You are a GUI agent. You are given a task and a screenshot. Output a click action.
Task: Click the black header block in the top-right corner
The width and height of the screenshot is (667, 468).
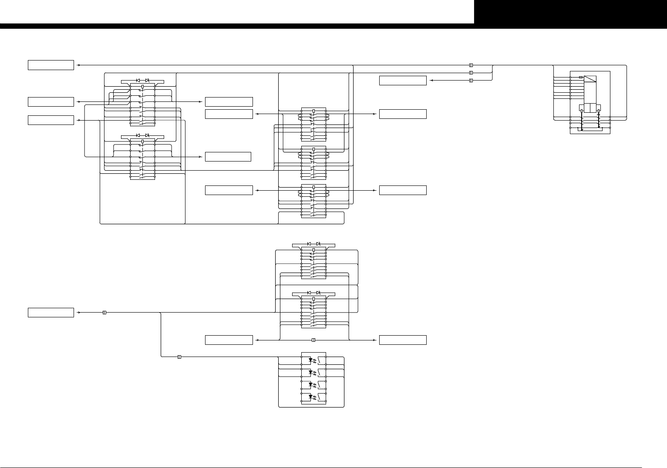coord(570,12)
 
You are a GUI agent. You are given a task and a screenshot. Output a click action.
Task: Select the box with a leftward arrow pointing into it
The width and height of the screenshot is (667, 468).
coord(403,81)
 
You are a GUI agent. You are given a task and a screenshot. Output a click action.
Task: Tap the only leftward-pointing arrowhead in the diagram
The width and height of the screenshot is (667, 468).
coord(431,81)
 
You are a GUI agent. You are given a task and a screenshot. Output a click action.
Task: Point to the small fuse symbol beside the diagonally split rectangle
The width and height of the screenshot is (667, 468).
coord(581,77)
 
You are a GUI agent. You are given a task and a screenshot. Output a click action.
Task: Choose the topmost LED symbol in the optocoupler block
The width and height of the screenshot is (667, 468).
coord(310,360)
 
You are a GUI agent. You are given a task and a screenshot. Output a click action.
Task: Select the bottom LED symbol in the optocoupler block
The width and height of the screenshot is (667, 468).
coord(310,397)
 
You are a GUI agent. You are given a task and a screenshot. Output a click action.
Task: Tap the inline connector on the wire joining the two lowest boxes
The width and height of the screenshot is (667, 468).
coord(313,340)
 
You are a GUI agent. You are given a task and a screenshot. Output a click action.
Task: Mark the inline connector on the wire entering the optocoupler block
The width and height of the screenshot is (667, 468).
coord(179,357)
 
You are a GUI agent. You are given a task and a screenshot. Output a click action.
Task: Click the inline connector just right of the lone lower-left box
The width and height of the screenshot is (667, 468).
coord(104,312)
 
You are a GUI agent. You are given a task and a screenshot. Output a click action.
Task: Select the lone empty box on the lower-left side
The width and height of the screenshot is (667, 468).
coord(51,313)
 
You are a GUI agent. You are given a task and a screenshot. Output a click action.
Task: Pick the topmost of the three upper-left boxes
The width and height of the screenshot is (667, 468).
coord(51,65)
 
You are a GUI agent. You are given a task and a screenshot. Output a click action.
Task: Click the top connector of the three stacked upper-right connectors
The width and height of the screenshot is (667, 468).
coord(471,65)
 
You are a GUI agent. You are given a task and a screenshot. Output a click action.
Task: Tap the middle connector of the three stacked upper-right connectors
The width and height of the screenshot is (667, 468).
coord(471,73)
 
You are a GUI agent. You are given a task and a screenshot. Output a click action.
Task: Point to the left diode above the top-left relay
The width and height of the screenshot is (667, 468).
coord(138,81)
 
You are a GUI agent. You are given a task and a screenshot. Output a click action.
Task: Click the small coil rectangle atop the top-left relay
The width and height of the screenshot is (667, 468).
coord(142,87)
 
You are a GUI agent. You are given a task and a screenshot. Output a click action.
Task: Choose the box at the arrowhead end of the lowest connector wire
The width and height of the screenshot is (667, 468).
coord(403,340)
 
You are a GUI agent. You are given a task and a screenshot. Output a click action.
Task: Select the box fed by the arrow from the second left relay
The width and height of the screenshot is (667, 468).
coord(228,156)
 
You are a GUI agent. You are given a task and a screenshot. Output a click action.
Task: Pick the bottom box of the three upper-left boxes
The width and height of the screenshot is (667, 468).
coord(51,120)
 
